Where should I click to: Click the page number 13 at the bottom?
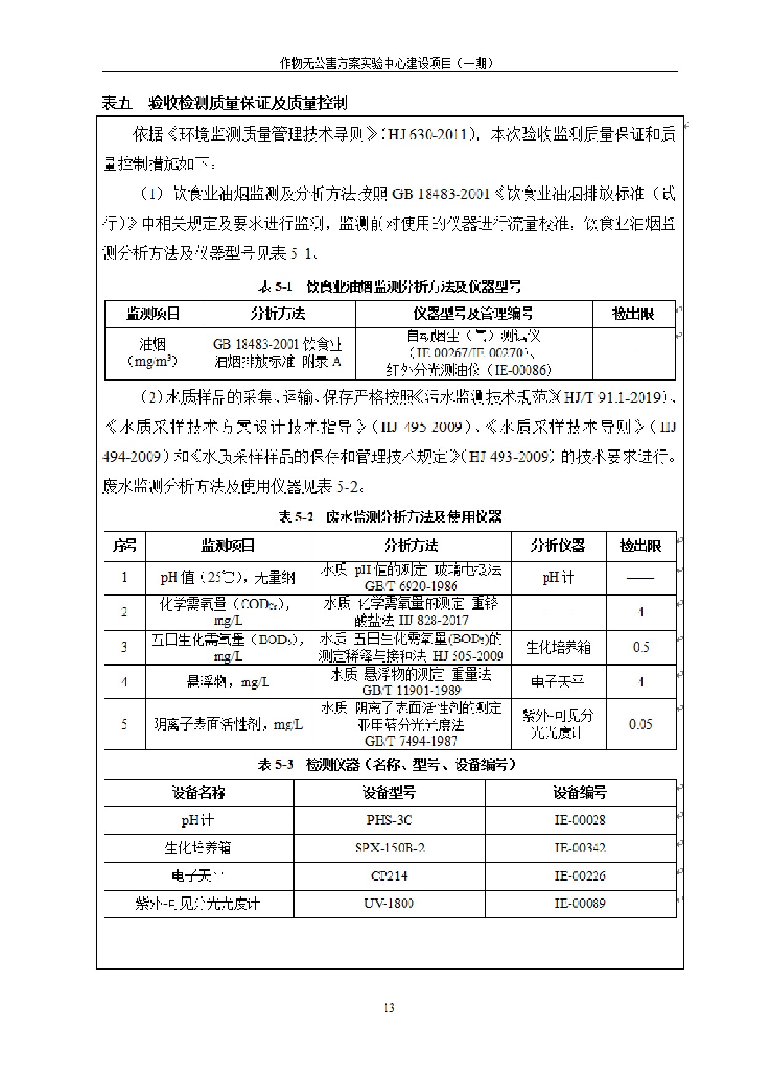pyautogui.click(x=389, y=1008)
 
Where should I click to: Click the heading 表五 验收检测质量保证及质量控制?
pyautogui.click(x=225, y=103)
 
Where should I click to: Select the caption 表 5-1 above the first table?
pyautogui.click(x=389, y=287)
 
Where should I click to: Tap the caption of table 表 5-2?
pyautogui.click(x=389, y=517)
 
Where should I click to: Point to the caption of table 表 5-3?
pyautogui.click(x=387, y=764)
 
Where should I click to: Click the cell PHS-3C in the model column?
pyautogui.click(x=389, y=820)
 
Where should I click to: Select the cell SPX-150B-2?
pyautogui.click(x=389, y=848)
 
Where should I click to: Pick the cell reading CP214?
pyautogui.click(x=389, y=876)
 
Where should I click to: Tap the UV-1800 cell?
pyautogui.click(x=389, y=903)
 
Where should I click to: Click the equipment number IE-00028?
pyautogui.click(x=580, y=820)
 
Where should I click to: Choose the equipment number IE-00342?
pyautogui.click(x=580, y=848)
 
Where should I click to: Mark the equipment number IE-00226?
pyautogui.click(x=580, y=876)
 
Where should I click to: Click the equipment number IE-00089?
pyautogui.click(x=580, y=903)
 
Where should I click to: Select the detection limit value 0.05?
pyautogui.click(x=641, y=725)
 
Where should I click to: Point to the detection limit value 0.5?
pyautogui.click(x=641, y=647)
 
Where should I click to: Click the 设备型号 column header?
pyautogui.click(x=389, y=793)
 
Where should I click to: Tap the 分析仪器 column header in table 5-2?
pyautogui.click(x=558, y=546)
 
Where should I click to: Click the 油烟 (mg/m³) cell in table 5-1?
pyautogui.click(x=153, y=352)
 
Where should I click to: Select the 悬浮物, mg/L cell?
pyautogui.click(x=228, y=682)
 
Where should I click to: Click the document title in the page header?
pyautogui.click(x=387, y=63)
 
